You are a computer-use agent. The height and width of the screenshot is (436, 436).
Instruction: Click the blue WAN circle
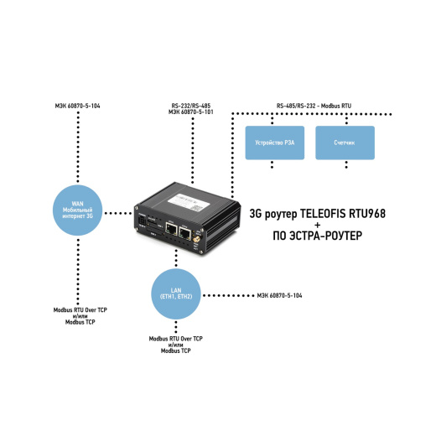coord(78,210)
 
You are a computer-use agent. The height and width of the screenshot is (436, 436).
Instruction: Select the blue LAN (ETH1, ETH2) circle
coord(176,294)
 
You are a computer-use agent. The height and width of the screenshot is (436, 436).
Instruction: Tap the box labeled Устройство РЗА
coord(275,143)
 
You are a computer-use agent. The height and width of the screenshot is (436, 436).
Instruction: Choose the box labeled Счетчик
coord(345,143)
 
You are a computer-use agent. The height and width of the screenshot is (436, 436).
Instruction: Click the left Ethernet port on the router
coord(171,229)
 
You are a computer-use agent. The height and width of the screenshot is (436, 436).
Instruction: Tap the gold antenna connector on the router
coord(196,240)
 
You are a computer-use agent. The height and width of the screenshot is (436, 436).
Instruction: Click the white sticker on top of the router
coord(189,202)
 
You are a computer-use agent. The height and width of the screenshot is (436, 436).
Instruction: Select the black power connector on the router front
coord(142,221)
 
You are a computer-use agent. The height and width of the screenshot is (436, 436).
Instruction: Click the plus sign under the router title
coord(317,225)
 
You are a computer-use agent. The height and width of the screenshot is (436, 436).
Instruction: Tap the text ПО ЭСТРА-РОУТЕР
coord(317,236)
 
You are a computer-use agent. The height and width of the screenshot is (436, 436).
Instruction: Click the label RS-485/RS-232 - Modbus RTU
coord(314,106)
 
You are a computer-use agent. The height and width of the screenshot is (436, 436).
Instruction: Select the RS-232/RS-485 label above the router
coord(191,106)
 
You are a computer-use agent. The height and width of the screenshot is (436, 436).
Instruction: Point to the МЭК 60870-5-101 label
coord(191,112)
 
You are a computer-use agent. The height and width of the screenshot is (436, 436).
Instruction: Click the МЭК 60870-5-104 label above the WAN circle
coord(77,106)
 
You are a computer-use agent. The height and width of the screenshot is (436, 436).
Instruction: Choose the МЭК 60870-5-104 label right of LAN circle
coord(279,295)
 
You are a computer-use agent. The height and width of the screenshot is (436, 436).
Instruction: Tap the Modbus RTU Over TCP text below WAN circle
coord(80,310)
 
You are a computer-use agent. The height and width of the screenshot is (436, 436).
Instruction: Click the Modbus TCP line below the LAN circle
coord(176,350)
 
